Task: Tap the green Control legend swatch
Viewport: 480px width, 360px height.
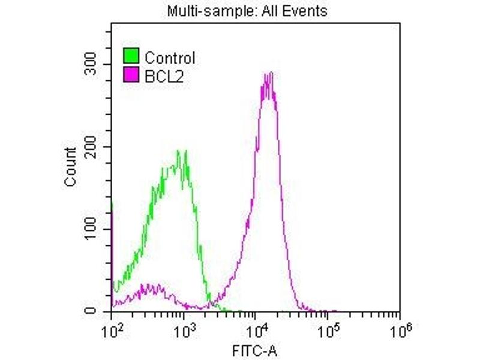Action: (x=131, y=57)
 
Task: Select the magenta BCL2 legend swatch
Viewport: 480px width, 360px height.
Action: (x=131, y=75)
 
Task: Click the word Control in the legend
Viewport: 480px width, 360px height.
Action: (x=170, y=58)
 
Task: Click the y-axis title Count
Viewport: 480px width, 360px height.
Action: (x=71, y=167)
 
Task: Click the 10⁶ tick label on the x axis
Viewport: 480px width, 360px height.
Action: (x=398, y=329)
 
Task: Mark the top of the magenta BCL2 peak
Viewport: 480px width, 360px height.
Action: (x=269, y=74)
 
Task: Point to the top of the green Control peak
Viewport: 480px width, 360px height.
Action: (x=178, y=151)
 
